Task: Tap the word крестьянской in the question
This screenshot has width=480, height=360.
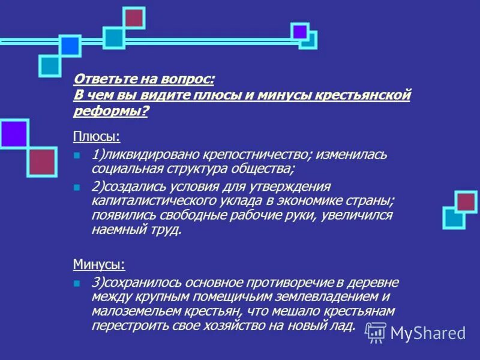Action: tap(372, 95)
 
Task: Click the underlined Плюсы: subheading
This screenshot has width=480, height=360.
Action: tap(97, 137)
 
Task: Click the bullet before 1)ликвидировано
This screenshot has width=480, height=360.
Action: tap(76, 155)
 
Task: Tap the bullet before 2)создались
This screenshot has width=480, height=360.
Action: tap(76, 187)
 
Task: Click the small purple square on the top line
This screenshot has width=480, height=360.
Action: tap(299, 31)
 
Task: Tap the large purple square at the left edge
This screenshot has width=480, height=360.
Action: tap(13, 133)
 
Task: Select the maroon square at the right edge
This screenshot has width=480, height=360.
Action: tap(466, 202)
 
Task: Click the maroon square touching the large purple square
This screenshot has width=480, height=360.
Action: tap(42, 161)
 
